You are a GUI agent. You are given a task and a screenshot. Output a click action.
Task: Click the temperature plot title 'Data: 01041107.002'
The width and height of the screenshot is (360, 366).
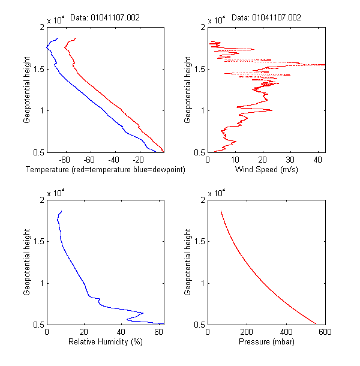click(105, 18)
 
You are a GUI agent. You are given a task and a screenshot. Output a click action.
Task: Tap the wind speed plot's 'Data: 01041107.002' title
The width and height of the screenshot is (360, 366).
click(266, 18)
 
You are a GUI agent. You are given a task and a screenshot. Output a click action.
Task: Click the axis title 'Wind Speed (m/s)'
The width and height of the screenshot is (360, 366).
click(266, 170)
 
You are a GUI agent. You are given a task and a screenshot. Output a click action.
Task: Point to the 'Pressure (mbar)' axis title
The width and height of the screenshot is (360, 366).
click(266, 343)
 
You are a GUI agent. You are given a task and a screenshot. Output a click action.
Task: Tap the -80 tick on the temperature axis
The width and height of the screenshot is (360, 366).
click(65, 160)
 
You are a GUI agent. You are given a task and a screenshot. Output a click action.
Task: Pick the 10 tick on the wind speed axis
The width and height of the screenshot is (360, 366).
click(235, 160)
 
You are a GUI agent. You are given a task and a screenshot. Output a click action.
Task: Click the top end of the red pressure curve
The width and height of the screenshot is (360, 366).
click(221, 211)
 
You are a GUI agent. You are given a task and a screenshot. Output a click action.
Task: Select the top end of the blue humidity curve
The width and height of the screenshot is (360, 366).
click(61, 211)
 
